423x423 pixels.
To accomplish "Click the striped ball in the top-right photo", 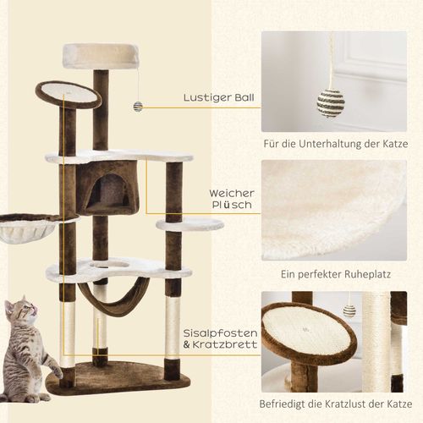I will [331, 102].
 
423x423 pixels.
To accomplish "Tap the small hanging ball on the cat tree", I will [137, 107].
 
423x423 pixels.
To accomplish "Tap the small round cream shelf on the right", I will [190, 225].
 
